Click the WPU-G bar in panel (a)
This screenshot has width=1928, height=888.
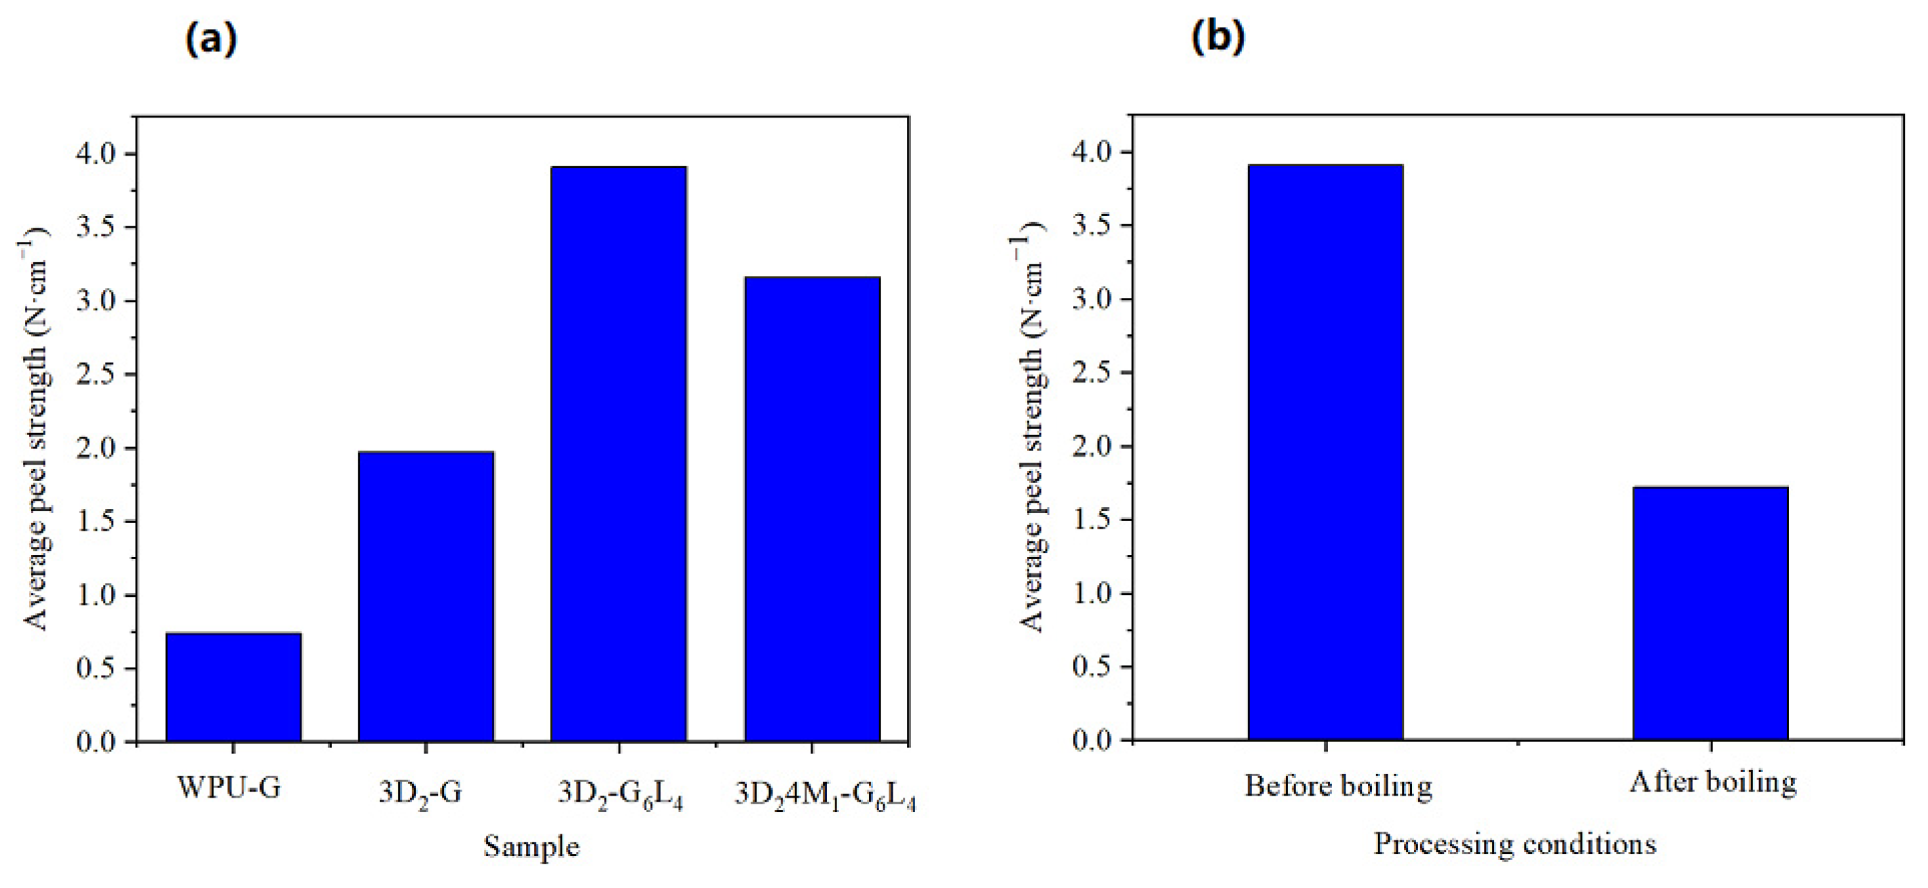(x=234, y=688)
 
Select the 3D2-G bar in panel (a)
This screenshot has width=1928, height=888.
(x=426, y=597)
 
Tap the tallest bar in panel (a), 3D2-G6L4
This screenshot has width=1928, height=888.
(x=618, y=454)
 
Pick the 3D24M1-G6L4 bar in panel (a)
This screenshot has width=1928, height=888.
(x=812, y=509)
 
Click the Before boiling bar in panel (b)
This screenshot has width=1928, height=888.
(x=1324, y=452)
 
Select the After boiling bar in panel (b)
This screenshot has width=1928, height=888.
(x=1710, y=614)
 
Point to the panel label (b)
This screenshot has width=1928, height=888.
(x=1218, y=37)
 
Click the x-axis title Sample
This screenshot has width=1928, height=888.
(x=532, y=847)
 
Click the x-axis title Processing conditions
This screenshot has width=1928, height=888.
(x=1515, y=844)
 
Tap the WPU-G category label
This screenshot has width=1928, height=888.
(x=229, y=787)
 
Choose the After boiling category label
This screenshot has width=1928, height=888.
(x=1712, y=783)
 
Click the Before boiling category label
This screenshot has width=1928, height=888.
(x=1338, y=785)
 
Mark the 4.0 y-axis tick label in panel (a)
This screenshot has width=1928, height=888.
(x=96, y=154)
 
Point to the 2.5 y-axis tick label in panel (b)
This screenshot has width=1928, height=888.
(x=1093, y=373)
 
